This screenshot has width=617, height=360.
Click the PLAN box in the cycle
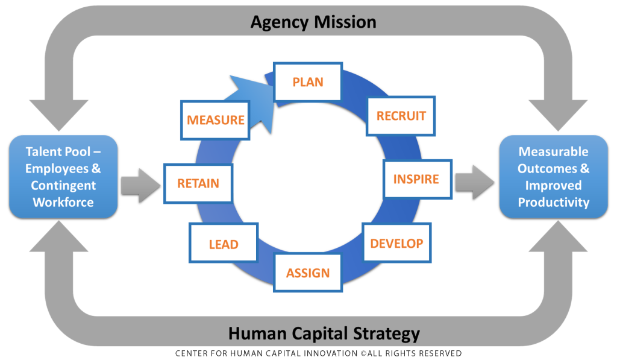coord(308,82)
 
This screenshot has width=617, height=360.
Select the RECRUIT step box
coord(401,116)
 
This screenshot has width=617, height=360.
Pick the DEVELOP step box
coord(396,243)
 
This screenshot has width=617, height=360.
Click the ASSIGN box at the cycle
coord(308,273)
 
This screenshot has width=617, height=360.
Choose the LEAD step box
coord(224,243)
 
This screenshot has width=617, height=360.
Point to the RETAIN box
coord(198,183)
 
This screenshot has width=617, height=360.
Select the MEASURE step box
coord(215,120)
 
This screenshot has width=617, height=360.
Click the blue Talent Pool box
coord(63,177)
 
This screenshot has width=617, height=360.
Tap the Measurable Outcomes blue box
coord(553,177)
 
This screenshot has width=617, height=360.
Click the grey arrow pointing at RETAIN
coord(140,186)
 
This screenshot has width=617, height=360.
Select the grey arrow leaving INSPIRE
coord(475,182)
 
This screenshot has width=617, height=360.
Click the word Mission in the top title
coord(345,22)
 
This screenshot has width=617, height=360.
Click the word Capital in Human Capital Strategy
coord(320,334)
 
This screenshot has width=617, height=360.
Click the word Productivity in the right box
coord(553,203)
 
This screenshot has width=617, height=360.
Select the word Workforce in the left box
coord(63,203)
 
